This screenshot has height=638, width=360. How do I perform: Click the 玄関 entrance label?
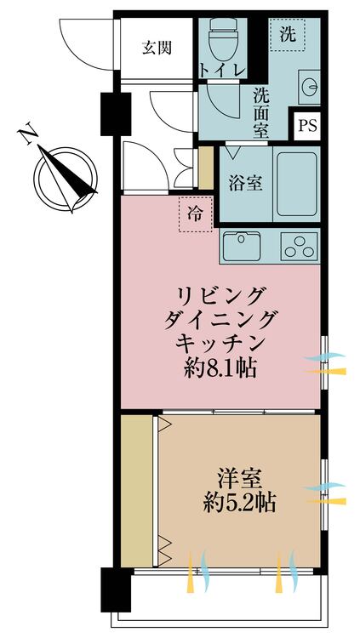point(157,48)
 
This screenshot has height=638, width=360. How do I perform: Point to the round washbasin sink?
point(308,88)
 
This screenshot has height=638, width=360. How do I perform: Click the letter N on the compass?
point(29,135)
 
